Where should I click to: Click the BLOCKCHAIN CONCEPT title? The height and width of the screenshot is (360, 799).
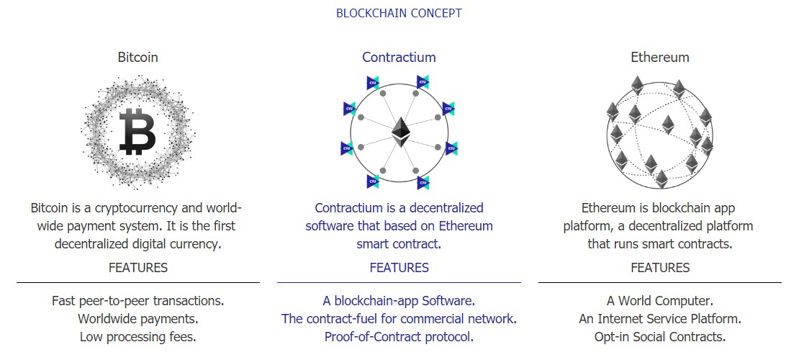[x=399, y=13]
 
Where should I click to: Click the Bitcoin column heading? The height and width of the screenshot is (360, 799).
[x=138, y=57]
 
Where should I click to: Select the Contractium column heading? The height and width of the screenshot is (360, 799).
[x=399, y=57]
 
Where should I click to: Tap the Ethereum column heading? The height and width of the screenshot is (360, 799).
[x=659, y=57]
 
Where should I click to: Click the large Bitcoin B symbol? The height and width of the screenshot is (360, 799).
[x=137, y=132]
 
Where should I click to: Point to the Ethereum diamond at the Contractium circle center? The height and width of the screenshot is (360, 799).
[x=399, y=132]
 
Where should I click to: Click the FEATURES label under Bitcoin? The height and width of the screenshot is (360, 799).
[x=138, y=268]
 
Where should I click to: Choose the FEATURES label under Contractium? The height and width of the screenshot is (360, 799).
[x=399, y=268]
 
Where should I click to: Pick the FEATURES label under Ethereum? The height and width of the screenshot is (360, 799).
[x=660, y=268]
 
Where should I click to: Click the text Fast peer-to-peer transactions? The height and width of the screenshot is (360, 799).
[x=138, y=300]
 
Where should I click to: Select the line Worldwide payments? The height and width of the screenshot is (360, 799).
[x=138, y=318]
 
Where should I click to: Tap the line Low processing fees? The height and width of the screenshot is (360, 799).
[x=138, y=336]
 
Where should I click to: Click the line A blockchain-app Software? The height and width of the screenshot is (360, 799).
[x=399, y=300]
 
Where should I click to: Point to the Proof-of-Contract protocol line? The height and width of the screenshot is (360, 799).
[x=399, y=336]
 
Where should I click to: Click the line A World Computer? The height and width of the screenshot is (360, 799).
[x=660, y=300]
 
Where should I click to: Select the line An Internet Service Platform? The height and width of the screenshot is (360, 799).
[x=660, y=318]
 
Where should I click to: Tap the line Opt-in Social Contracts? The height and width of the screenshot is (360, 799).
[x=660, y=336]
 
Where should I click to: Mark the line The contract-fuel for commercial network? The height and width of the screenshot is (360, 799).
[x=399, y=318]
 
